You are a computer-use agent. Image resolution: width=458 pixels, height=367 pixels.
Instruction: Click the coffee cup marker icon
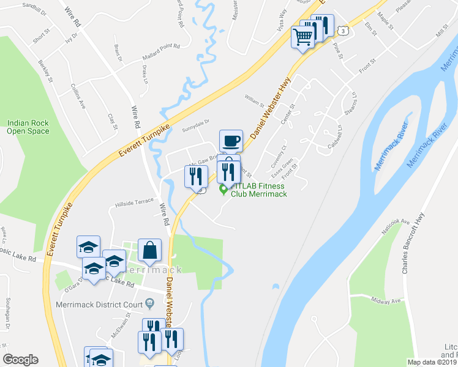click(x=231, y=141)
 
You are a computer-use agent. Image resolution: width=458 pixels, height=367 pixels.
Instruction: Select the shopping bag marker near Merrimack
click(x=149, y=250)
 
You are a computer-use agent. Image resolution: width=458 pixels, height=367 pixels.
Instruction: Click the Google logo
click(x=20, y=360)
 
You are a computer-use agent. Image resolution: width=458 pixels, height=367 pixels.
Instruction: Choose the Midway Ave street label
click(x=387, y=300)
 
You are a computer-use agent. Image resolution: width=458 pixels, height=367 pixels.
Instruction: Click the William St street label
click(x=253, y=97)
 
